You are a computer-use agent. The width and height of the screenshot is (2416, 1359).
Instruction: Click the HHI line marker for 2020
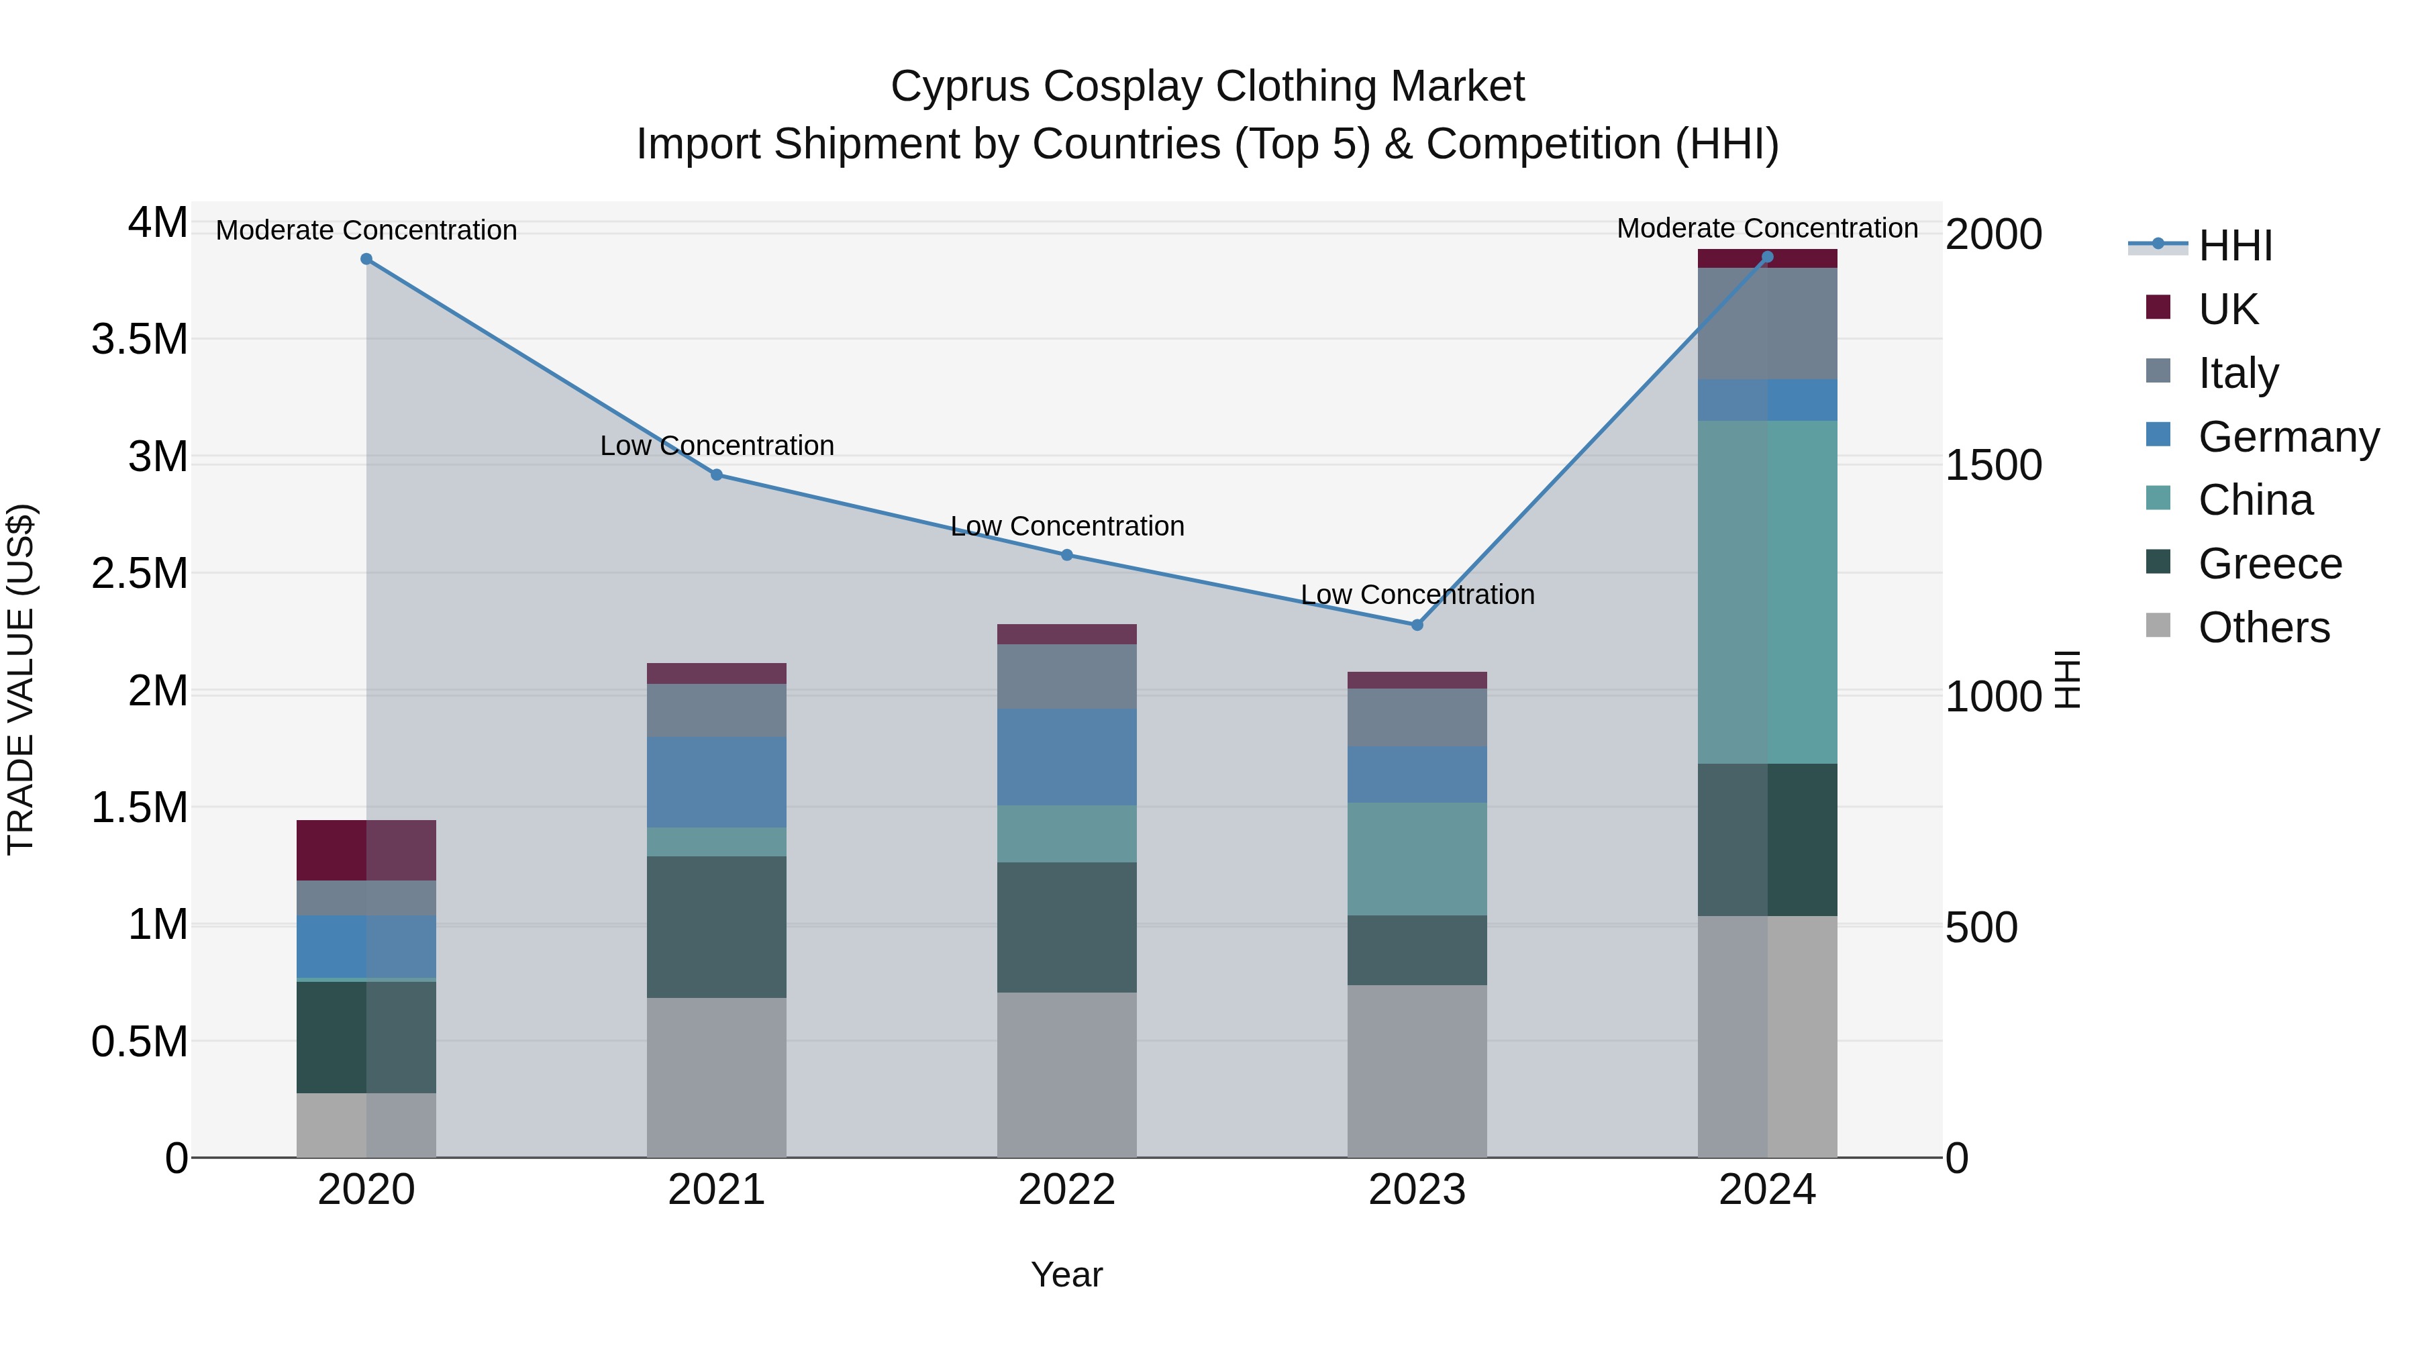pyautogui.click(x=366, y=259)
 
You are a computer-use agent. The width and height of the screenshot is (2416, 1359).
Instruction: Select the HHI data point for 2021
pyautogui.click(x=717, y=474)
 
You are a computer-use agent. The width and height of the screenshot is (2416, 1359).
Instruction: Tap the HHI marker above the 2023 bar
pyautogui.click(x=1417, y=625)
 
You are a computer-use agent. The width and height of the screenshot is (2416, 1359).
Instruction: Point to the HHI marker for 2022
pyautogui.click(x=1066, y=555)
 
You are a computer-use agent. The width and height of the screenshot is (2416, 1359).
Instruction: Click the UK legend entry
pyautogui.click(x=2227, y=309)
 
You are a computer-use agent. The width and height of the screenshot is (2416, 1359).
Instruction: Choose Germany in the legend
pyautogui.click(x=2288, y=436)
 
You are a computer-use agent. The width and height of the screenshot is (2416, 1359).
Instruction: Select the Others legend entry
pyautogui.click(x=2263, y=627)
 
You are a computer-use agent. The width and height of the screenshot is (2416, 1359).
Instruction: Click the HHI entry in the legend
pyautogui.click(x=2234, y=246)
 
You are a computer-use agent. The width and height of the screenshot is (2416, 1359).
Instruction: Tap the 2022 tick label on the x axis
pyautogui.click(x=1066, y=1189)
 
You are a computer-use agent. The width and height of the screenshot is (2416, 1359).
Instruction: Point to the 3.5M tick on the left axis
pyautogui.click(x=139, y=340)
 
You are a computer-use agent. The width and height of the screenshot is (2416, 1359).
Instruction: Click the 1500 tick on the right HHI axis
pyautogui.click(x=1993, y=465)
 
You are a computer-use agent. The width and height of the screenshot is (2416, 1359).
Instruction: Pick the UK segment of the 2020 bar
pyautogui.click(x=366, y=850)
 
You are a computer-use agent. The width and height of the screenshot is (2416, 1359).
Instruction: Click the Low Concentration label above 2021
pyautogui.click(x=717, y=446)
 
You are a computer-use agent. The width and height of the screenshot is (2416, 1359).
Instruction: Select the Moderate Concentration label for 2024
pyautogui.click(x=1767, y=228)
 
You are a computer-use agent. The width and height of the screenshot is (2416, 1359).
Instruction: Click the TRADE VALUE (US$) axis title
pyautogui.click(x=21, y=679)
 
